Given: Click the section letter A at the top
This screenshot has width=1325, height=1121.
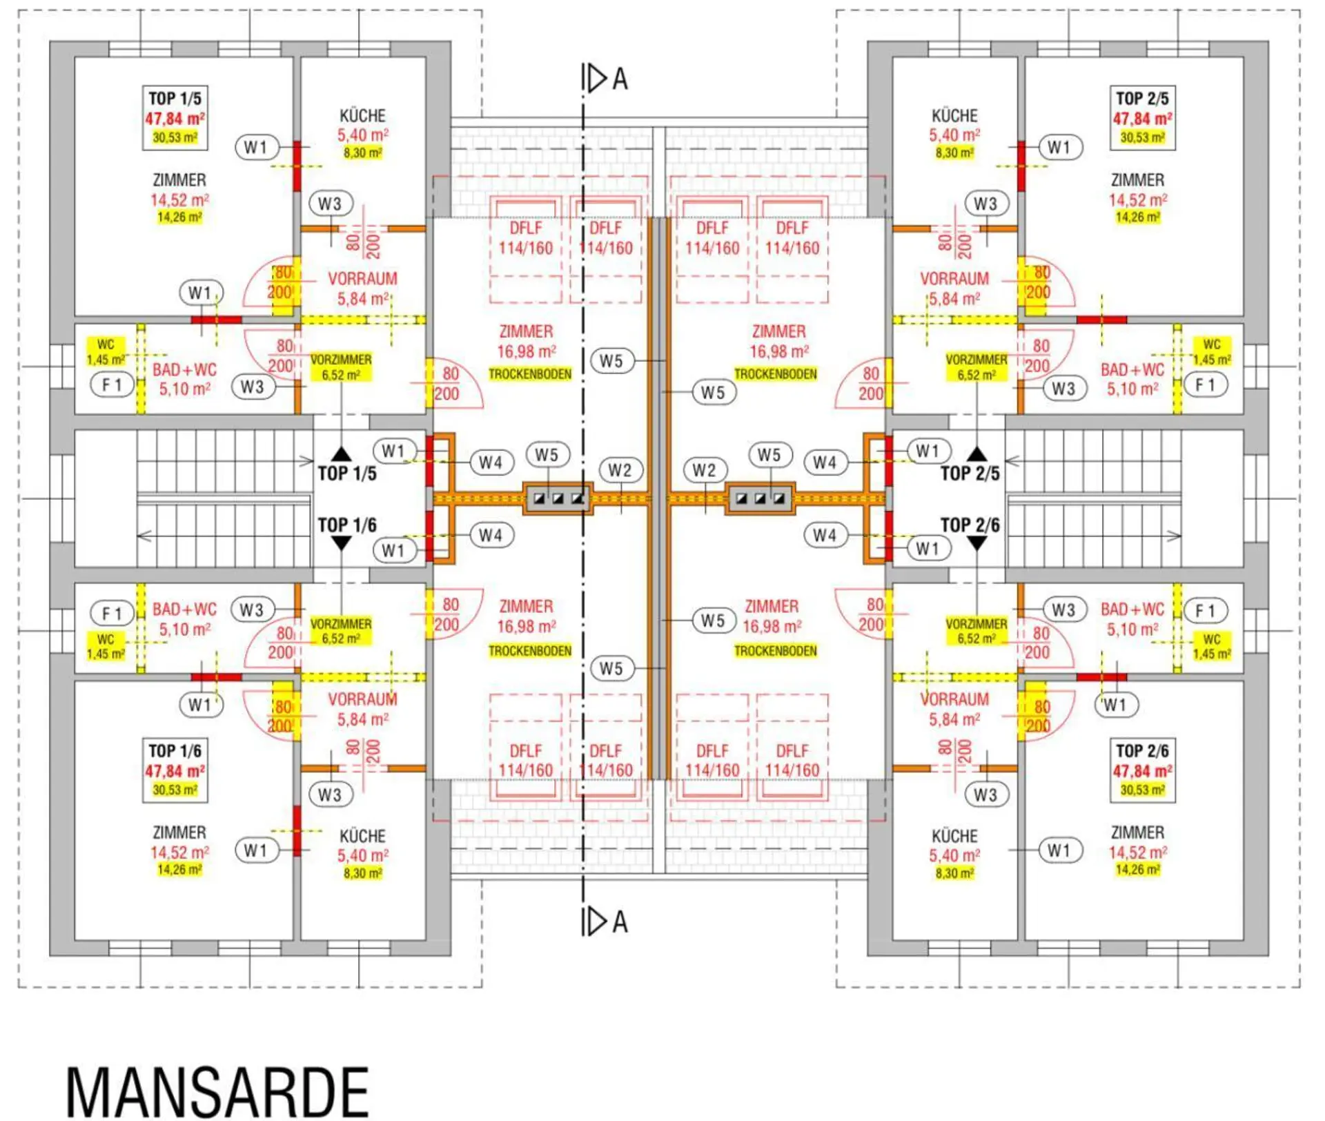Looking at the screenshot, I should (x=620, y=79).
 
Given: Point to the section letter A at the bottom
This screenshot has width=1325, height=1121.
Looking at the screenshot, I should (x=620, y=922).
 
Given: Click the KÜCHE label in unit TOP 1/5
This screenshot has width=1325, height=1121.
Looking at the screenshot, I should (x=362, y=116).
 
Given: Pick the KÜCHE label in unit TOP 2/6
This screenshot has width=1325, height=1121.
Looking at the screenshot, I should (x=954, y=836).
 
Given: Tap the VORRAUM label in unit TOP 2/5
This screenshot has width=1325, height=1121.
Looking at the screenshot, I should (x=954, y=279).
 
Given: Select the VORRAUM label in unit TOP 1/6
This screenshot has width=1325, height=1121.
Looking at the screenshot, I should (x=362, y=699).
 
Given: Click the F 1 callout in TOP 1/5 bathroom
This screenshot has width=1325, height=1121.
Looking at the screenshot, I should (x=112, y=384).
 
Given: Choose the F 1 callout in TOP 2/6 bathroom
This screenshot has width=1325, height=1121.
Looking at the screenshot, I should (x=1205, y=611).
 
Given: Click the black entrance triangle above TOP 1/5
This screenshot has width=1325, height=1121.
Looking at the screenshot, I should (x=342, y=454).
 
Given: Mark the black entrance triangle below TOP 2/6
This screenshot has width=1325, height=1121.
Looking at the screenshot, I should (x=976, y=544).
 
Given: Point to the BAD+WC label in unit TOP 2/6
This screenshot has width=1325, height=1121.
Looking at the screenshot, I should (x=1132, y=610).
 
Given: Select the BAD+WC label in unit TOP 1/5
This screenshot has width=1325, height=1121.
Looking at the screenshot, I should (x=184, y=370).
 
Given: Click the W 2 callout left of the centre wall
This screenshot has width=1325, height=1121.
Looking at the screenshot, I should (x=620, y=470).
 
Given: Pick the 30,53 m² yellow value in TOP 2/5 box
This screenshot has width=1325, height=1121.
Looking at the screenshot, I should (x=1142, y=137).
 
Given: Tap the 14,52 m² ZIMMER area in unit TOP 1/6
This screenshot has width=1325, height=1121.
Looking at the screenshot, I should (x=179, y=852).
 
